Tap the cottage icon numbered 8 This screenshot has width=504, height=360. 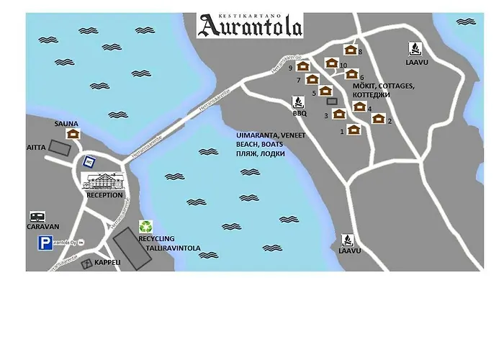point(351,50)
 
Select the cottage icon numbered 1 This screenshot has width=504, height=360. point(353,130)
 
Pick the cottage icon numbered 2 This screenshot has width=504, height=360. point(378,119)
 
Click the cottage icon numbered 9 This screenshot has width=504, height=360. point(302,67)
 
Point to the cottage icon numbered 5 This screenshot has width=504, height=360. point(325,91)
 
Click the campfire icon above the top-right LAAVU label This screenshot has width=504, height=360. point(415,49)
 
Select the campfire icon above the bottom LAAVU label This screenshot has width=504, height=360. point(348,239)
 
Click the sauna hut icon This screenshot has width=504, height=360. point(72,133)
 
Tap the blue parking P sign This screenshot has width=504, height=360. point(45,243)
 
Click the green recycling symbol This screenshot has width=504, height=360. point(146,227)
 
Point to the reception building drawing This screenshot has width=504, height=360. point(104,181)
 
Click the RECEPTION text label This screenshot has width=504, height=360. point(104,195)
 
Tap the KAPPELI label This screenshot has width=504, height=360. point(107,263)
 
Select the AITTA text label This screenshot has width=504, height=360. point(37,147)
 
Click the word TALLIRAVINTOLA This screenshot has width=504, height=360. point(168,247)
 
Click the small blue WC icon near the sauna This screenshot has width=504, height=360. point(89,161)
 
